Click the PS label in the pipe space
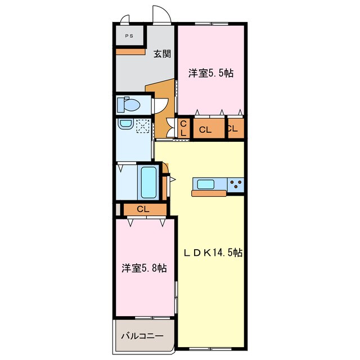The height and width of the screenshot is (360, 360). click(x=129, y=36)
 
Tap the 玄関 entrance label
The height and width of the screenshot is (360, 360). click(x=162, y=54)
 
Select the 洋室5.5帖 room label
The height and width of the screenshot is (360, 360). click(x=211, y=73)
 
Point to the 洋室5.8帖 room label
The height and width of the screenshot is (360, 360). click(x=144, y=268)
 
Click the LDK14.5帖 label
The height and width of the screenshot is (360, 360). click(x=213, y=253)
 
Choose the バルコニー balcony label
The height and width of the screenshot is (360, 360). click(x=142, y=336)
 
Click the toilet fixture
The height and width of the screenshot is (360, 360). click(x=128, y=105)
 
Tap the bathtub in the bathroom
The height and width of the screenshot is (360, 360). click(x=148, y=182)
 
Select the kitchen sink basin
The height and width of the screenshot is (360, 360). click(x=206, y=184)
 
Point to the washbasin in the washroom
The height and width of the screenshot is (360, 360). click(x=125, y=124)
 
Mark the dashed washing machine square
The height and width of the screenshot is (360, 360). click(x=142, y=126)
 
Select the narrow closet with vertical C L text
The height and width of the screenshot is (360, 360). click(x=184, y=128)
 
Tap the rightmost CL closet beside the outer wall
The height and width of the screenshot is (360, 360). click(x=236, y=128)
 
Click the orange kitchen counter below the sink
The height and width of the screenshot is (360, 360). click(x=209, y=193)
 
